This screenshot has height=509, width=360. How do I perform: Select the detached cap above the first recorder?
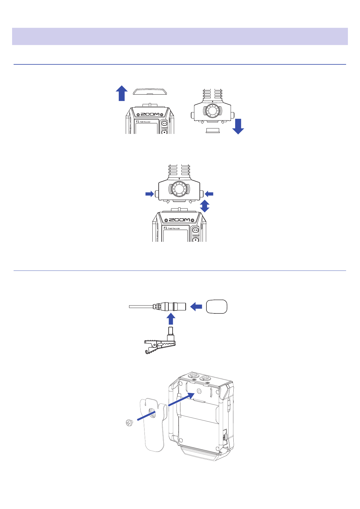click(150, 92)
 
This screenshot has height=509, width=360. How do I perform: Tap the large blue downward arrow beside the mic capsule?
click(238, 126)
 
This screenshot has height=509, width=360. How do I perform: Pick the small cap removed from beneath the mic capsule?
click(213, 130)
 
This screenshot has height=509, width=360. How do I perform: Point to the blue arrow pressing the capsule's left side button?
click(150, 194)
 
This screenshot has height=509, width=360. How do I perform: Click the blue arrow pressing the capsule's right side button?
click(209, 194)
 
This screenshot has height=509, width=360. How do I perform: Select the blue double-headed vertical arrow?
click(205, 206)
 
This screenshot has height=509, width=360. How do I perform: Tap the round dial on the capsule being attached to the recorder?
click(179, 189)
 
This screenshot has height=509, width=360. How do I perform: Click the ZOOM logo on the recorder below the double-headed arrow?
click(180, 220)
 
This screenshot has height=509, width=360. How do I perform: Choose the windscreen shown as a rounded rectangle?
click(216, 307)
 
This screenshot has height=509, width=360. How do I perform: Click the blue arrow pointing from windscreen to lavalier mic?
click(196, 307)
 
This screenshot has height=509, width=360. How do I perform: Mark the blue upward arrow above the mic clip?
click(171, 319)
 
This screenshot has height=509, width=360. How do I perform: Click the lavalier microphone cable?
click(141, 306)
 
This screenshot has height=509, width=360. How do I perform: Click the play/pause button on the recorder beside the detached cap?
click(164, 123)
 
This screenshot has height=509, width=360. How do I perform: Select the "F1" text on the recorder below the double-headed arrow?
click(165, 228)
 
